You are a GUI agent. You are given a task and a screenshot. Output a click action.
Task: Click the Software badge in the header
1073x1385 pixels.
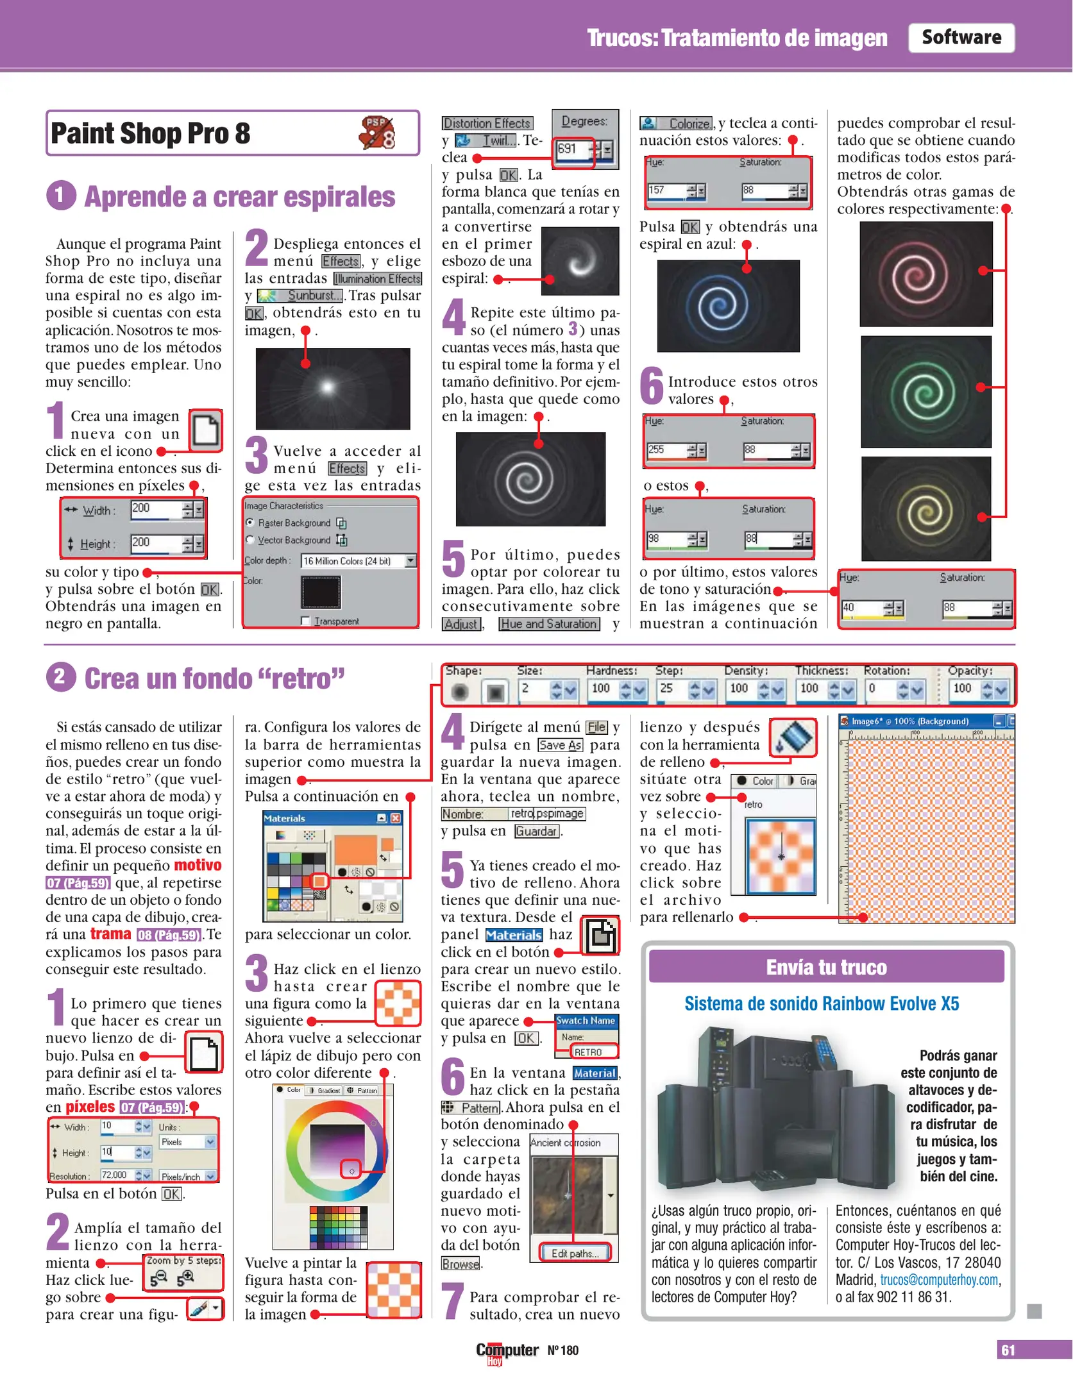pos(961,38)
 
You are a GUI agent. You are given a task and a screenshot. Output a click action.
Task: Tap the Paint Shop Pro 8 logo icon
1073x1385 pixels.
pos(378,133)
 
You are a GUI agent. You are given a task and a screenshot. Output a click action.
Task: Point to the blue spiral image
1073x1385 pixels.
pos(728,306)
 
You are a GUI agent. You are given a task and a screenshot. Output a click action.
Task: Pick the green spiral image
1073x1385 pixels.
pos(925,392)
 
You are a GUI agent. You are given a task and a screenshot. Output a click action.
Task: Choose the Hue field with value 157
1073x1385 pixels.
pos(668,191)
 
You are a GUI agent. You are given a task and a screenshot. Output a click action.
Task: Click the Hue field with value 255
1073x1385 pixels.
pos(668,450)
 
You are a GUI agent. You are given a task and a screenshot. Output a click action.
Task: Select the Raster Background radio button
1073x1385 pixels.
pos(250,523)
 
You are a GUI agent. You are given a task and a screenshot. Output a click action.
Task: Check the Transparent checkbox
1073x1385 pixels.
pos(305,621)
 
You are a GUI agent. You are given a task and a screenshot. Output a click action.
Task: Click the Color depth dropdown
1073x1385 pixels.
pos(359,561)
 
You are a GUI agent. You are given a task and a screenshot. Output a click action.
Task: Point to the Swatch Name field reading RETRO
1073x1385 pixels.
pos(595,1052)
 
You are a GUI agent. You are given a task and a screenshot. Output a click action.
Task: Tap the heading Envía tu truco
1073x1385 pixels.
pos(826,967)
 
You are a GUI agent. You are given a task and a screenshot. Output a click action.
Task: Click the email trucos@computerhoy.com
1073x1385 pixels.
pos(939,1280)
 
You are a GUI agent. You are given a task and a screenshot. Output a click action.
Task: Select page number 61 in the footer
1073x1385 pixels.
pos(1008,1350)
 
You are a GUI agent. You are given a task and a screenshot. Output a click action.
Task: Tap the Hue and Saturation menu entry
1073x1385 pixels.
pos(549,624)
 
